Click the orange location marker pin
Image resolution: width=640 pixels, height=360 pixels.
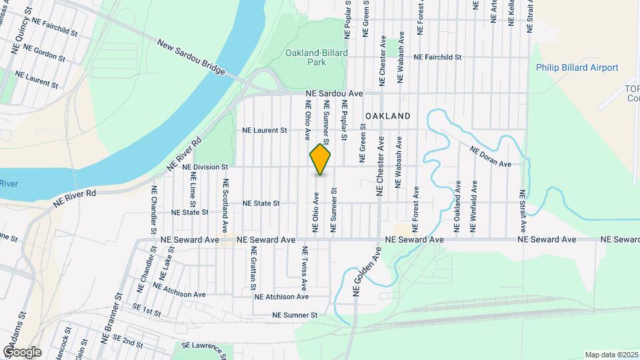click(321, 160)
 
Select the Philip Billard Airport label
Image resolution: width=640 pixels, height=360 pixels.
click(577, 67)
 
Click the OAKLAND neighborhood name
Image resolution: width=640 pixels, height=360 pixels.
click(387, 116)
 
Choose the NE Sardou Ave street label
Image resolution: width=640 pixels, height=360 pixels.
click(334, 94)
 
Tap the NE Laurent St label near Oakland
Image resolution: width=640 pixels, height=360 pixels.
click(264, 131)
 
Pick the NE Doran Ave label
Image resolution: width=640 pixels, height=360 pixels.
click(490, 157)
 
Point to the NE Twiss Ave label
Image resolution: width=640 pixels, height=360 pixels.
click(305, 267)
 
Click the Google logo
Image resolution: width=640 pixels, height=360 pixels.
click(21, 352)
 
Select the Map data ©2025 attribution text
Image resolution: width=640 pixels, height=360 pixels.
click(611, 355)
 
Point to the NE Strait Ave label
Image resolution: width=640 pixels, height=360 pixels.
click(523, 209)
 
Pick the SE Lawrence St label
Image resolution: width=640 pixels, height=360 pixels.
click(203, 346)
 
